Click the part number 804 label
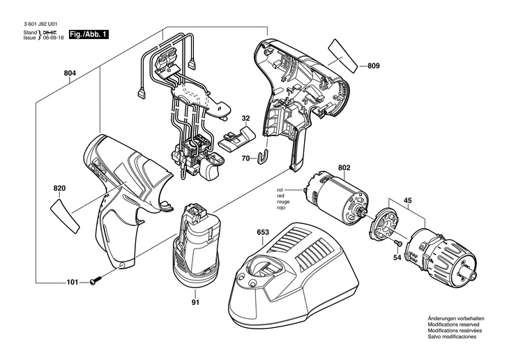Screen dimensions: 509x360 click(70, 73)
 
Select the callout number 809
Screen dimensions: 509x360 click(373, 66)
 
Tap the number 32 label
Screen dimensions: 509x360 click(245, 119)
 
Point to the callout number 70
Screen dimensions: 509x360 click(245, 158)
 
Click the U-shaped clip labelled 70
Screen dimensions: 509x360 click(264, 156)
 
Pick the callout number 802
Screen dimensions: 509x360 click(344, 168)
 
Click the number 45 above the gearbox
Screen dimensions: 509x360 click(408, 200)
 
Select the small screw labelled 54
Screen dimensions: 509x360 click(397, 243)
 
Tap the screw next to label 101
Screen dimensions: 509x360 click(96, 280)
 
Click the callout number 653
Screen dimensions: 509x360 click(263, 232)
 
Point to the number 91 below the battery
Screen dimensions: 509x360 click(195, 303)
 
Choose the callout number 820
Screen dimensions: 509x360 click(59, 188)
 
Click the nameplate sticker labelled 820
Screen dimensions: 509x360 click(64, 216)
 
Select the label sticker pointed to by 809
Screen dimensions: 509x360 click(342, 56)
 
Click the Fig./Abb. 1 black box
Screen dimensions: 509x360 click(89, 34)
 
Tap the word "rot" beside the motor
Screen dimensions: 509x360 click(280, 190)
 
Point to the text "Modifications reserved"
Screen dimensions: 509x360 click(453, 324)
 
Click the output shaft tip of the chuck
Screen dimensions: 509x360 click(473, 276)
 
